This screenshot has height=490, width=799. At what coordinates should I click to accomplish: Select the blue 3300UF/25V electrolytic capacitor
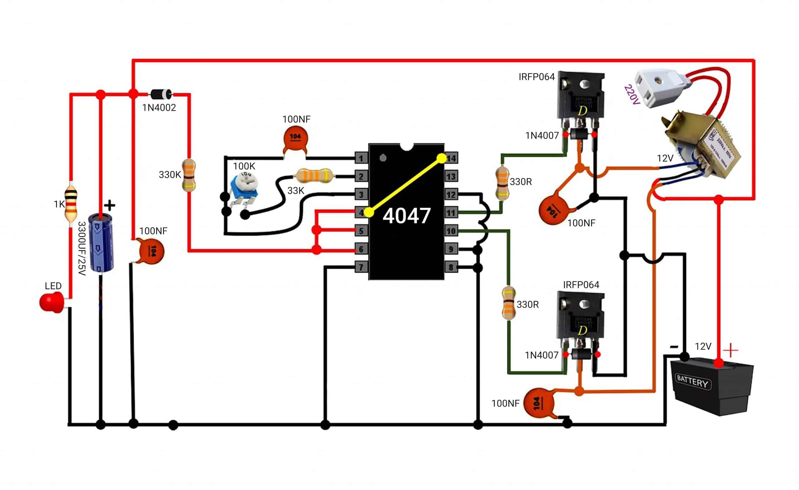[101, 242]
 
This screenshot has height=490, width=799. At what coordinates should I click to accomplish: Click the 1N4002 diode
[161, 94]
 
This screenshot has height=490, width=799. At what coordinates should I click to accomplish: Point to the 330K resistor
[189, 175]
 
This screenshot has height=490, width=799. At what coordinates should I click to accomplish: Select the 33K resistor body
[314, 176]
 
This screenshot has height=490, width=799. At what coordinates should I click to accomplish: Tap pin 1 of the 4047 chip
[361, 158]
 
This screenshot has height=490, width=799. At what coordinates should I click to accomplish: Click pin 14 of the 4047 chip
[451, 158]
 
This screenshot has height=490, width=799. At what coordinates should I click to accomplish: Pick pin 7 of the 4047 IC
[361, 267]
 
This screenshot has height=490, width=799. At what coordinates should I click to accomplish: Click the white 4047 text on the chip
[407, 215]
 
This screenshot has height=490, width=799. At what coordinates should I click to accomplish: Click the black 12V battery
[712, 386]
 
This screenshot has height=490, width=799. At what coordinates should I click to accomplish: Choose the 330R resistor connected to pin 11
[502, 183]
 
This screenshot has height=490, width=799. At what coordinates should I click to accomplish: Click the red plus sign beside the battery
[731, 350]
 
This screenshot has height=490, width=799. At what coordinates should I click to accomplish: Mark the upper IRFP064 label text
[537, 77]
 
